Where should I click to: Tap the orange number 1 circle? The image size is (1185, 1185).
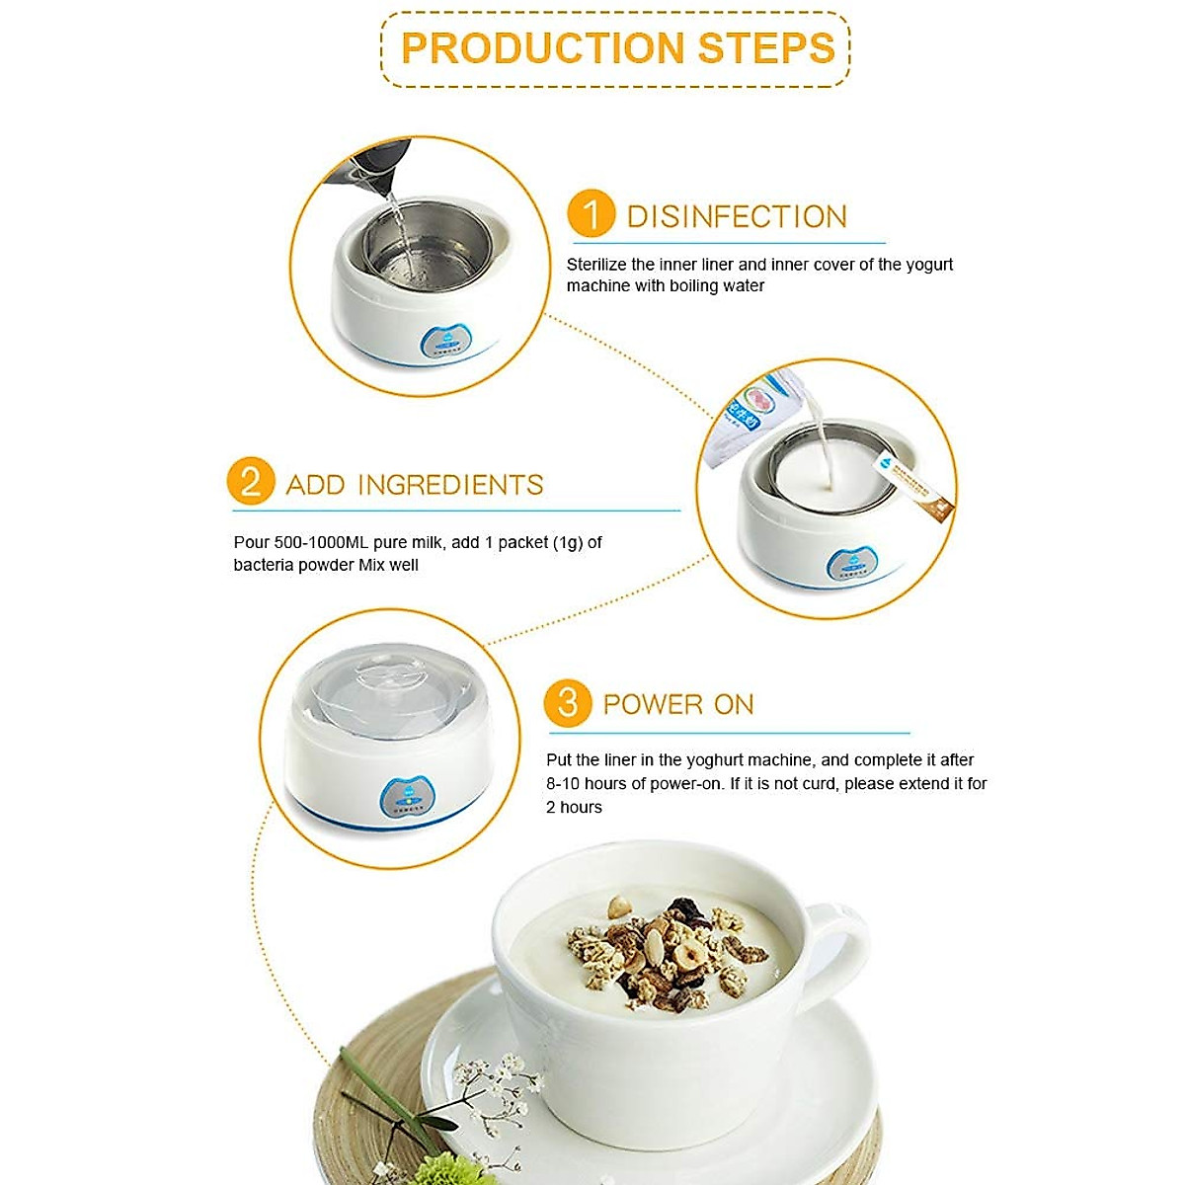point(591,214)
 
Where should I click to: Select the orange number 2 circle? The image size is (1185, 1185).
point(250,482)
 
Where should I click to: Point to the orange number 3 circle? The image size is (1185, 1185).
point(567,703)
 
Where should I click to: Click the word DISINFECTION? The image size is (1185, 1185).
point(737,216)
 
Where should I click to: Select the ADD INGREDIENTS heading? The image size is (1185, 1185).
point(415,485)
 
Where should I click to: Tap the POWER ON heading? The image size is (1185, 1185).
point(678,704)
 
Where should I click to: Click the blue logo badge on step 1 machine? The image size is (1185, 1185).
point(447,342)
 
